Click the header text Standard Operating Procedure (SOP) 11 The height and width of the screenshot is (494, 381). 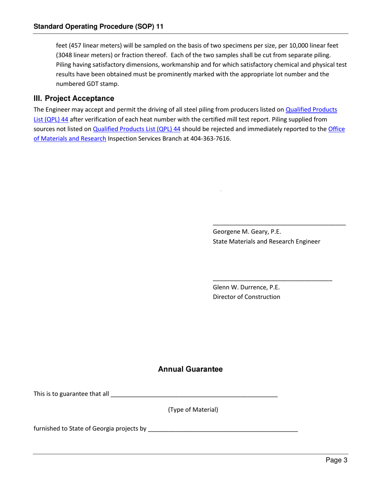(x=98, y=27)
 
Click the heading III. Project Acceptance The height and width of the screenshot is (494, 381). (x=74, y=98)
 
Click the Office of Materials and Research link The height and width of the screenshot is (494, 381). (x=70, y=139)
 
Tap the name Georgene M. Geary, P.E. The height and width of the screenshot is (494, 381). (x=247, y=232)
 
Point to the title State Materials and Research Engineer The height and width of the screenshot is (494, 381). (x=266, y=241)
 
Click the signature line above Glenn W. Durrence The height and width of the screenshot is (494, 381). (x=272, y=280)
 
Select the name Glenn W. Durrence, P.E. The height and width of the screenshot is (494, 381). (x=246, y=287)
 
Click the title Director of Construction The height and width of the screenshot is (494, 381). (x=246, y=297)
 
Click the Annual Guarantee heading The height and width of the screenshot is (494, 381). (x=190, y=369)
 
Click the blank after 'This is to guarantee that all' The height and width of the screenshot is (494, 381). (x=194, y=395)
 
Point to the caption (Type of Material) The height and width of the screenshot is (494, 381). (x=193, y=410)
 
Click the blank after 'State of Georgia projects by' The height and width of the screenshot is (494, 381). (x=223, y=429)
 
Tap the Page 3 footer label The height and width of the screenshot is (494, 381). (x=336, y=460)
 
